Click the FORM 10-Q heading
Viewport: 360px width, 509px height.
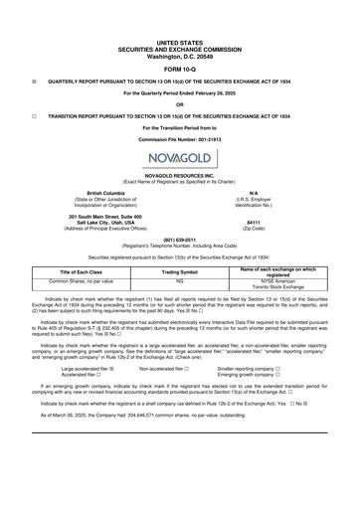click(x=180, y=69)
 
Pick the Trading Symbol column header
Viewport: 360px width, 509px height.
click(x=180, y=272)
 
